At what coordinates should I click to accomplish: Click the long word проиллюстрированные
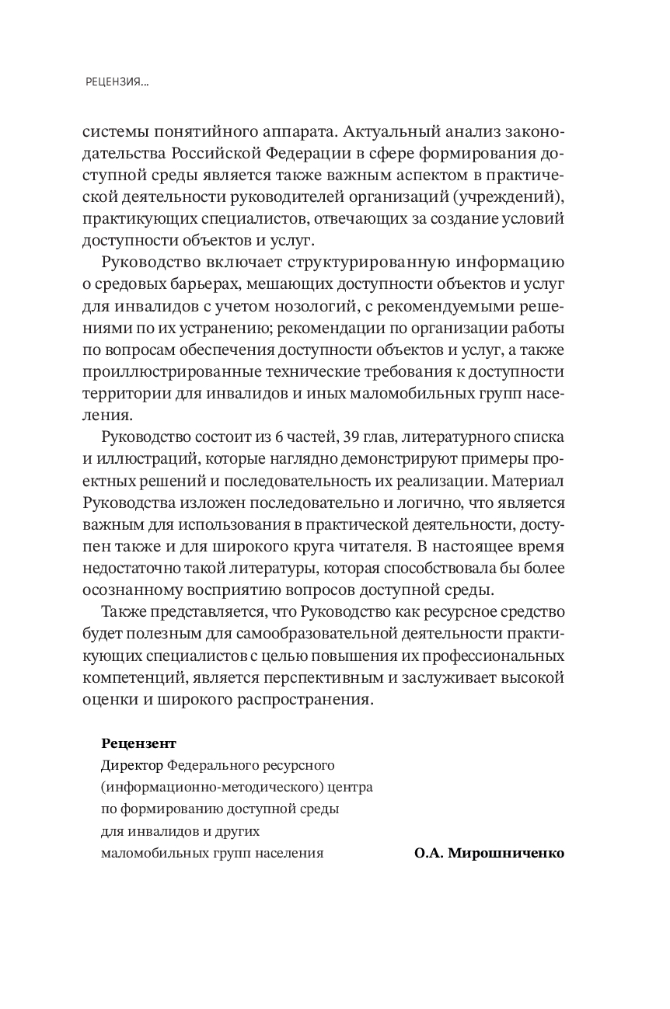[x=174, y=370]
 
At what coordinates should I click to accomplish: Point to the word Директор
[x=131, y=765]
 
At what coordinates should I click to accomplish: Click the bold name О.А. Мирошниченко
[x=489, y=852]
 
